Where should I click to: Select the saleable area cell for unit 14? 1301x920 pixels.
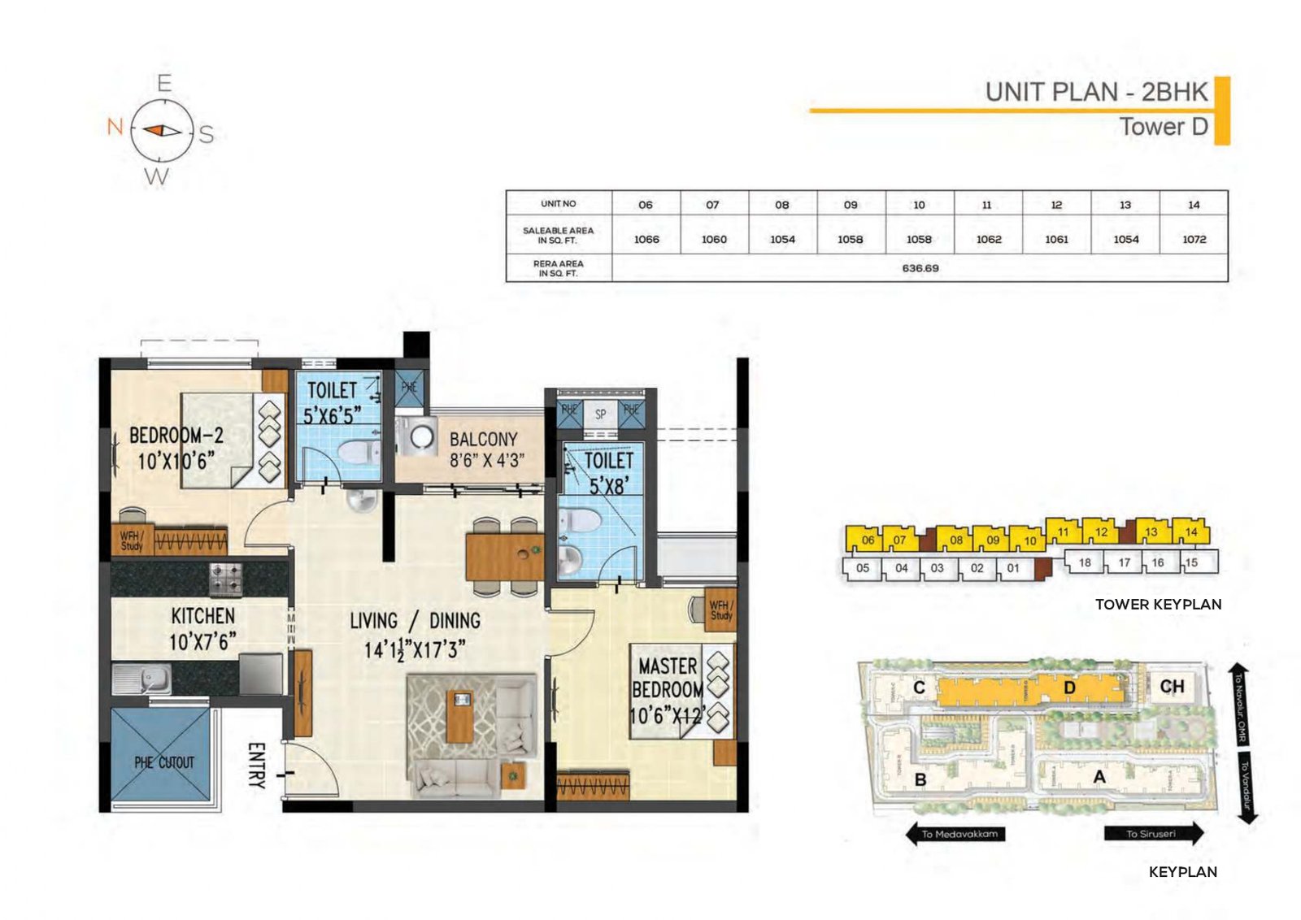[1194, 239]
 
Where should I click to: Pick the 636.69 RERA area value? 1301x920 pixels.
[920, 268]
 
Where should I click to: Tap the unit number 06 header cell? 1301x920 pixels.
[645, 205]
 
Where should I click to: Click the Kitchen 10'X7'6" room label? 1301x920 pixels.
[202, 628]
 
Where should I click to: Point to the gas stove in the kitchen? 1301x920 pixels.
[227, 579]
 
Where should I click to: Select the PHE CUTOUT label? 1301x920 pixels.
[164, 762]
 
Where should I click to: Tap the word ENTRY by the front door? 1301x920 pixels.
[256, 765]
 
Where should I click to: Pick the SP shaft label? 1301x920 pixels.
[600, 414]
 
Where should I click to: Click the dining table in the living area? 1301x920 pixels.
[504, 556]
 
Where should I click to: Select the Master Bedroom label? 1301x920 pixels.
[668, 689]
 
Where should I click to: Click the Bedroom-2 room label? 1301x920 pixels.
[176, 449]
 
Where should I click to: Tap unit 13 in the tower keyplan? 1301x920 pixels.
[1151, 532]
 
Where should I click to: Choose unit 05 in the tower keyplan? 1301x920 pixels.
[863, 568]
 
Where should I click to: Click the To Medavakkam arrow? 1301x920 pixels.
[956, 834]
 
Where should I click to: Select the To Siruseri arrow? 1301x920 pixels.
[1153, 834]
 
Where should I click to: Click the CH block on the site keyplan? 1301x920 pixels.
[1172, 687]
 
